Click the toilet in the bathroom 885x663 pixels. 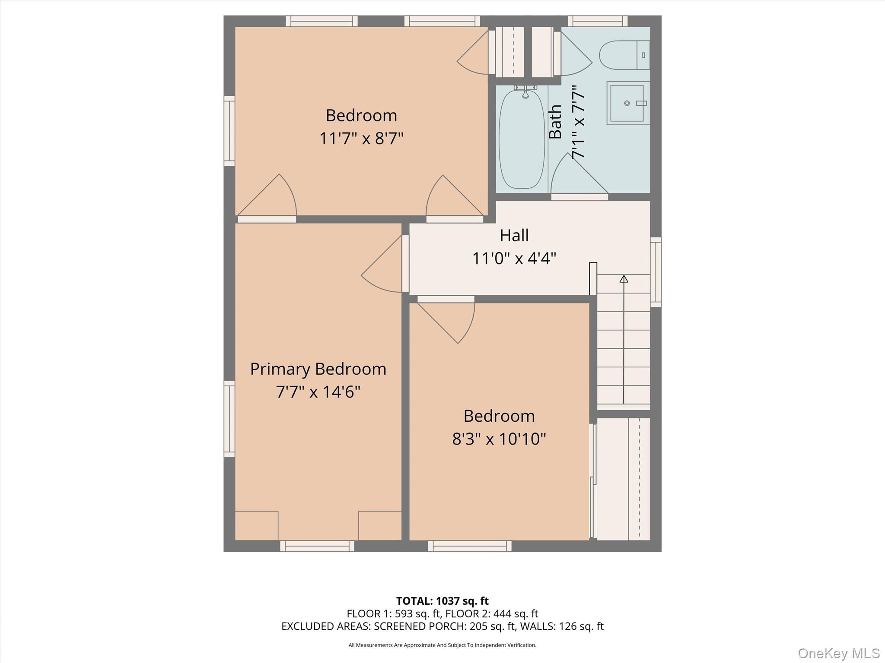point(624,55)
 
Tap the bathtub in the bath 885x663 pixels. point(522,139)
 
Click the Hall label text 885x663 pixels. point(514,236)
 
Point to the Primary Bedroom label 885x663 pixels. point(318,369)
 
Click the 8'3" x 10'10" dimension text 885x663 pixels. point(499,439)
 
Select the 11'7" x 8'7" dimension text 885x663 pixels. point(361,139)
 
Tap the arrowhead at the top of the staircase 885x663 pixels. point(624,279)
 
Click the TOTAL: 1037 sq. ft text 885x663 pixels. point(442,601)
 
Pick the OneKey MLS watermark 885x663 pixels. point(838,653)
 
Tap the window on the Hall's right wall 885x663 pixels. point(656,272)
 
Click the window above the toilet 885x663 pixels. point(597,21)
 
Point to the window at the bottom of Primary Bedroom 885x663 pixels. point(317,546)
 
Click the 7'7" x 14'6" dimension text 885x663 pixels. point(318,392)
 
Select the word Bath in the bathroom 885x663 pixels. point(555,122)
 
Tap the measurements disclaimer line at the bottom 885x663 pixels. point(442,645)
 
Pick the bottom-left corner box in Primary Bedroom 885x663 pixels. point(256,525)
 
